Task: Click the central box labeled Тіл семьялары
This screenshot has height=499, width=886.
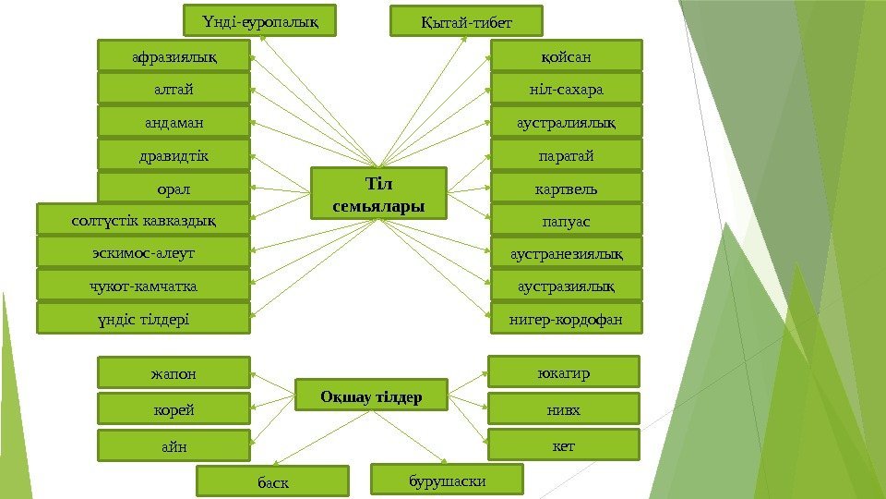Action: (x=378, y=193)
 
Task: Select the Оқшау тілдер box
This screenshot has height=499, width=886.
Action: (x=371, y=396)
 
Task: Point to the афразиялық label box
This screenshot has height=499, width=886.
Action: (x=174, y=56)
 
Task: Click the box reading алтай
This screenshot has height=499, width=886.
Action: (x=174, y=89)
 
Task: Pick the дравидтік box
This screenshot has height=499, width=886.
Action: (x=174, y=154)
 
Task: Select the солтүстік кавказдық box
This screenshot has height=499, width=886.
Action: (x=143, y=220)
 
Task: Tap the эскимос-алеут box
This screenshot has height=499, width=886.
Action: (x=143, y=252)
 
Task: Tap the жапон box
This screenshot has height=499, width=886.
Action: (x=174, y=373)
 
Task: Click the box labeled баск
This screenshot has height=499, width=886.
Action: (x=273, y=481)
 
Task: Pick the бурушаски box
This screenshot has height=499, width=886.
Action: (x=447, y=480)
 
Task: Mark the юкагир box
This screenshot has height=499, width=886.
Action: (x=563, y=372)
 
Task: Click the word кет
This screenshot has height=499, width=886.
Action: (x=563, y=445)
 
